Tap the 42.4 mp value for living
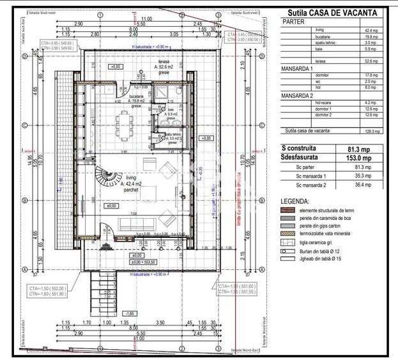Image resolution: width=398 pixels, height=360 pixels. point(372,30)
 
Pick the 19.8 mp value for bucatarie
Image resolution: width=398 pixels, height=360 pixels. point(372,37)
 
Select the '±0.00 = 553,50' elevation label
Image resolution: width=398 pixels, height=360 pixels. point(145,262)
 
